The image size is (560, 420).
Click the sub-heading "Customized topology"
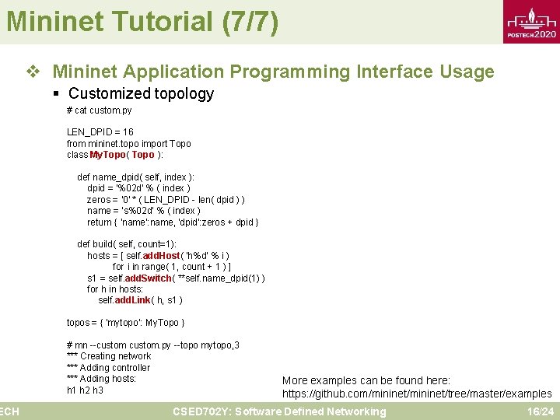click(141, 94)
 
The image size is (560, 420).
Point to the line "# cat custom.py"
click(100, 110)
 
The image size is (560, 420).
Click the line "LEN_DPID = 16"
click(100, 132)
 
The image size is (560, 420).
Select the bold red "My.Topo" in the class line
click(107, 155)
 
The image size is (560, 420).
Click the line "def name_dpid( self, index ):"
click(136, 177)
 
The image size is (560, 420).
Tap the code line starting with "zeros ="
click(166, 200)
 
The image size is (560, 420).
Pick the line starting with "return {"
click(173, 222)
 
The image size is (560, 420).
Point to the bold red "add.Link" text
click(152, 300)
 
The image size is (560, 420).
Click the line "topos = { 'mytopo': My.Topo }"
click(125, 323)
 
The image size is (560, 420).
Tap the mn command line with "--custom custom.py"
click(153, 345)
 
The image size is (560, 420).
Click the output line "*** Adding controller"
click(109, 368)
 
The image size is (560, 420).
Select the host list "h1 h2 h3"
click(85, 390)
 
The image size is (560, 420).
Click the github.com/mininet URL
click(417, 394)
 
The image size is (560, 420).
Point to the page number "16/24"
click(540, 411)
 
